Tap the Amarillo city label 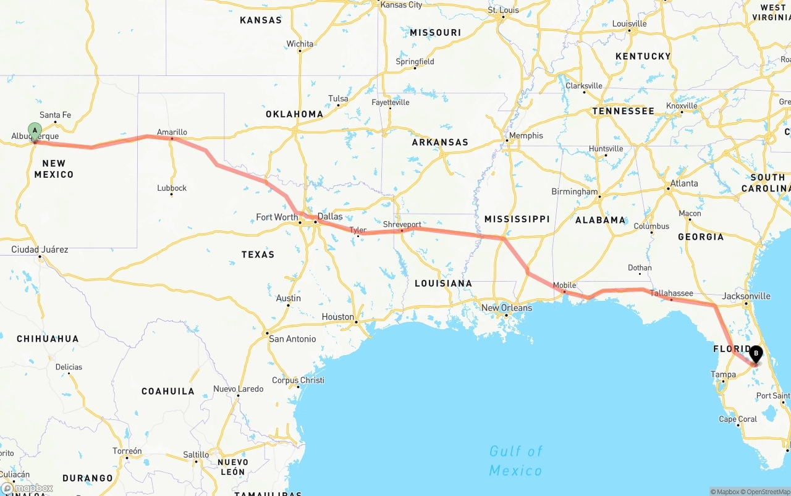pyautogui.click(x=172, y=132)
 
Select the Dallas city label pyautogui.click(x=329, y=217)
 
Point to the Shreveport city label pyautogui.click(x=402, y=225)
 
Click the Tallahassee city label pyautogui.click(x=671, y=293)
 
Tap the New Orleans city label pyautogui.click(x=506, y=308)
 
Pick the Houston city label pyautogui.click(x=337, y=317)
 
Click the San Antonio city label pyautogui.click(x=292, y=339)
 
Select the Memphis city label pyautogui.click(x=525, y=136)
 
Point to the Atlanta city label pyautogui.click(x=684, y=183)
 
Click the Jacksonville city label pyautogui.click(x=747, y=296)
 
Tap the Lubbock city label pyautogui.click(x=172, y=188)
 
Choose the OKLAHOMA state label pyautogui.click(x=294, y=114)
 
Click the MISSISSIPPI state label pyautogui.click(x=517, y=219)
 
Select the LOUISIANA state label pyautogui.click(x=443, y=284)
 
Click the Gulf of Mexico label pyautogui.click(x=515, y=461)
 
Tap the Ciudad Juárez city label pyautogui.click(x=40, y=250)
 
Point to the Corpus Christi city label pyautogui.click(x=298, y=380)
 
